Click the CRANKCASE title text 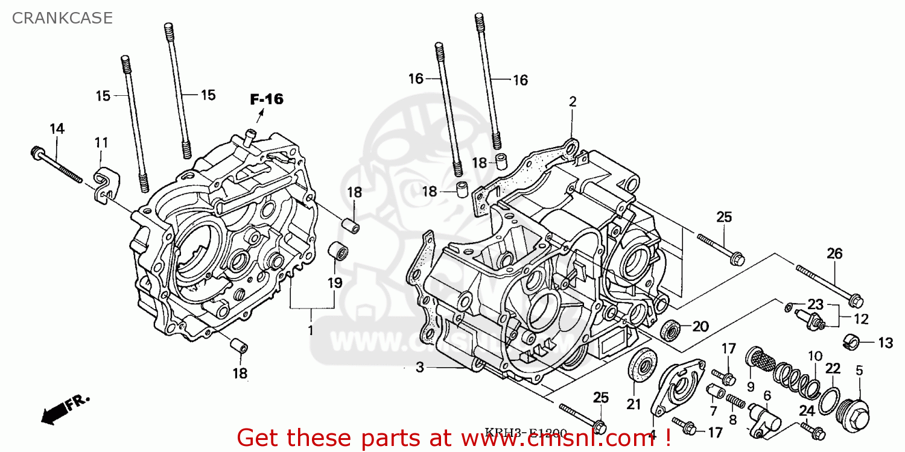62,18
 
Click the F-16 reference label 267,99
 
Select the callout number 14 57,128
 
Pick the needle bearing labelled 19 337,252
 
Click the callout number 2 572,102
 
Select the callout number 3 420,367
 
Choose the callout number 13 884,343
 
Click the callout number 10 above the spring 815,356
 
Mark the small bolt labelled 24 811,430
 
